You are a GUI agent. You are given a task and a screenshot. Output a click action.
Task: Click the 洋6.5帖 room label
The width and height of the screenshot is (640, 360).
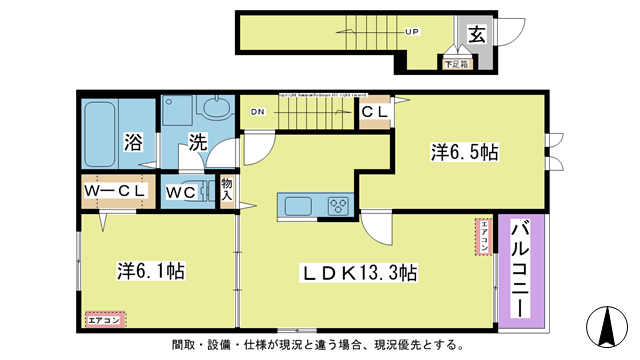(x=465, y=152)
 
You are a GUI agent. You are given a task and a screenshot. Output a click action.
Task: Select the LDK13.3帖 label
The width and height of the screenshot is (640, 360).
(x=361, y=272)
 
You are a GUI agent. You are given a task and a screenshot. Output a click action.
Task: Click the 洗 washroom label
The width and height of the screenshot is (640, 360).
(x=198, y=142)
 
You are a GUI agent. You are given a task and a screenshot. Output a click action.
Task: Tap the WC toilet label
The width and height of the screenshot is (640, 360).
(x=187, y=190)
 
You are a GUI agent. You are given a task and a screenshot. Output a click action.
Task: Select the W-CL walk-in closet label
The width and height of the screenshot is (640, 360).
(x=117, y=190)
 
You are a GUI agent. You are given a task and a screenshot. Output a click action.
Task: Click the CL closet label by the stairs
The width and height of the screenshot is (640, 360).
(x=375, y=113)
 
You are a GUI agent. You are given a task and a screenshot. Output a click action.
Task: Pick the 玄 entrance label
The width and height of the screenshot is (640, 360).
(x=478, y=36)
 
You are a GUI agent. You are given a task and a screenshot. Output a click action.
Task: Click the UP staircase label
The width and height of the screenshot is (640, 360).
(x=411, y=31)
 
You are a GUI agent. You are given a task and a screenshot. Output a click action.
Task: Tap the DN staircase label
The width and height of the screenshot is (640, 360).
(x=258, y=112)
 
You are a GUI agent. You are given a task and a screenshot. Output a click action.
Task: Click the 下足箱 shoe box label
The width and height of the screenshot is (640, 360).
(x=455, y=64)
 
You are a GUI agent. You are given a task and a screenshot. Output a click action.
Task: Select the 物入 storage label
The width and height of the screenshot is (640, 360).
(x=226, y=190)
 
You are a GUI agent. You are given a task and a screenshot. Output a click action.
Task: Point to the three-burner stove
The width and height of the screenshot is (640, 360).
(x=338, y=207)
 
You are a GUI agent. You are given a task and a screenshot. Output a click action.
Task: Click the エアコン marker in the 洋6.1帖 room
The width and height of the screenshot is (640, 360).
(x=103, y=320)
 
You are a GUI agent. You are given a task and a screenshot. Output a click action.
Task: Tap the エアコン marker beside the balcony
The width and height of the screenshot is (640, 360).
(x=482, y=237)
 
